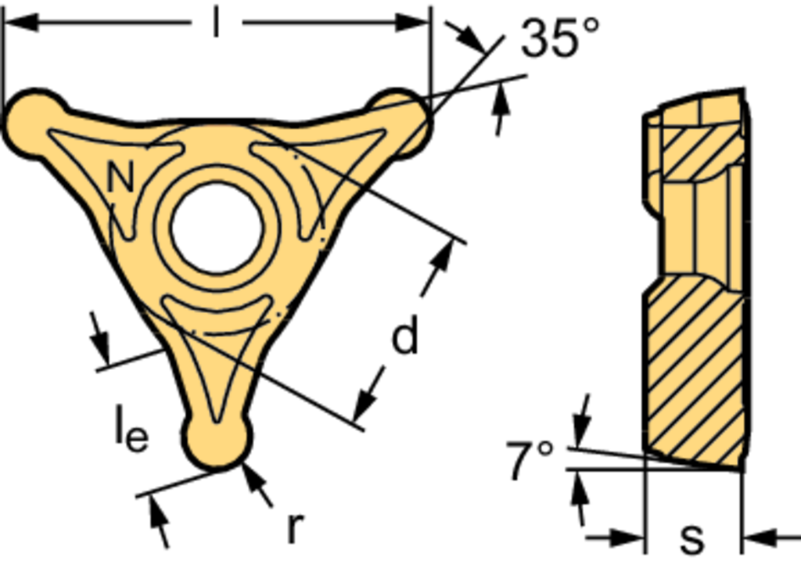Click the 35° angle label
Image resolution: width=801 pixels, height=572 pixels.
(x=560, y=38)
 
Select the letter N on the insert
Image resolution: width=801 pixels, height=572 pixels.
(x=120, y=175)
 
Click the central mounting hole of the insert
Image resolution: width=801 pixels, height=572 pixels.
(x=217, y=228)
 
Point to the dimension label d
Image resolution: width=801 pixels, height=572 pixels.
(x=404, y=334)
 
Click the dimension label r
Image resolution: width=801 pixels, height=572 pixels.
(x=295, y=527)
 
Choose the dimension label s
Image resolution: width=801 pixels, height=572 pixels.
(x=692, y=538)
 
